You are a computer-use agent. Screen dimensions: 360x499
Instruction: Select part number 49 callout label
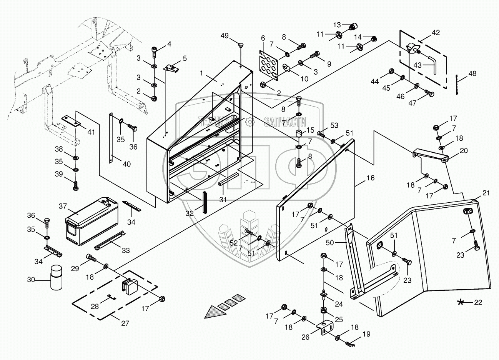click(x=225, y=36)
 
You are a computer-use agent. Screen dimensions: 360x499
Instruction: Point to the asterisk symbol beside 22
click(x=460, y=302)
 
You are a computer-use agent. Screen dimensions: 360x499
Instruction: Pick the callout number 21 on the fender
click(x=486, y=193)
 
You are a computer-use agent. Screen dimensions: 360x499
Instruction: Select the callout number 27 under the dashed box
click(x=125, y=323)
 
